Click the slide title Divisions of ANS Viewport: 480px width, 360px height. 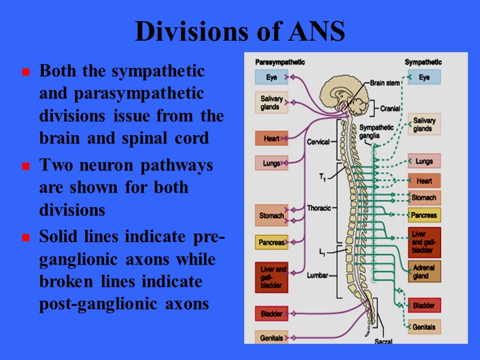pyautogui.click(x=240, y=32)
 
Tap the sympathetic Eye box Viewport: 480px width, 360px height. pyautogui.click(x=424, y=77)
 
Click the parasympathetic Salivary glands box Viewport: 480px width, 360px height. pyautogui.click(x=270, y=103)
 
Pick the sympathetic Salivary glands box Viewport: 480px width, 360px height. pyautogui.click(x=424, y=125)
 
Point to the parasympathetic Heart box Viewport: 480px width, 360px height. pyautogui.click(x=271, y=139)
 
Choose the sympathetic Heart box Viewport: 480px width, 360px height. pyautogui.click(x=424, y=181)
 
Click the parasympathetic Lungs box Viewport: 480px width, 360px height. pyautogui.click(x=271, y=163)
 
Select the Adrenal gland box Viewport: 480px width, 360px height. pyautogui.click(x=424, y=271)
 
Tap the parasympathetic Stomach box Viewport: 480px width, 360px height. pyautogui.click(x=271, y=215)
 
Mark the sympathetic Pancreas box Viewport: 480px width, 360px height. pyautogui.click(x=424, y=215)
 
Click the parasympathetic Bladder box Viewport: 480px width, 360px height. pyautogui.click(x=271, y=313)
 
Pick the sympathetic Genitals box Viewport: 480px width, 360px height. pyautogui.click(x=424, y=327)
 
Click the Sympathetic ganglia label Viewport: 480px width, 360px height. pyautogui.click(x=377, y=131)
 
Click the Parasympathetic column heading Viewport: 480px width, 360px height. pyautogui.click(x=280, y=62)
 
